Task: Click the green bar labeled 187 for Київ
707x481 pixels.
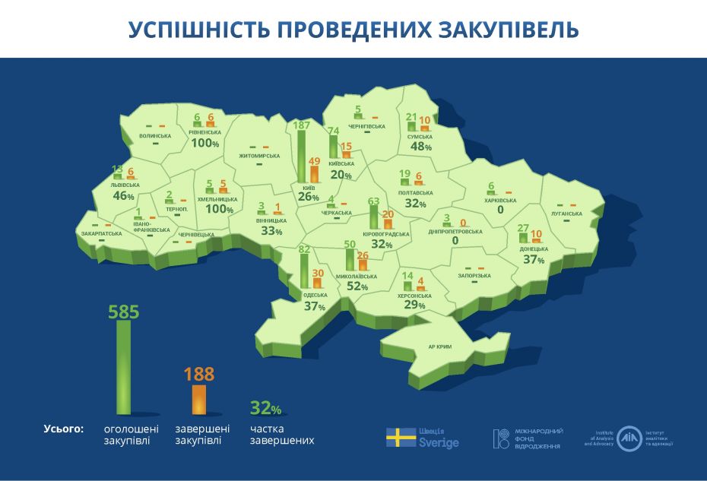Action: (x=302, y=157)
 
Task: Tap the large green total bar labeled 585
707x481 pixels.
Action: (x=123, y=366)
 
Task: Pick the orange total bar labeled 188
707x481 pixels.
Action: (x=199, y=398)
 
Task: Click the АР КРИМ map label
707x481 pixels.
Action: (x=439, y=347)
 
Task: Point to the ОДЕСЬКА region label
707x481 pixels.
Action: (x=315, y=295)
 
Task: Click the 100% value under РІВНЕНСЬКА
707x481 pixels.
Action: (x=205, y=143)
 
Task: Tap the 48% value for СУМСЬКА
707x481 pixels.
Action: (x=421, y=147)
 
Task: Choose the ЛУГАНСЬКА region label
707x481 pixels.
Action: (x=566, y=214)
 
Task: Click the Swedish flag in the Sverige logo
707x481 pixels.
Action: (x=401, y=438)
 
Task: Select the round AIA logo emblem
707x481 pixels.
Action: (x=629, y=438)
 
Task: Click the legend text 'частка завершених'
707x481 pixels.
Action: (x=281, y=435)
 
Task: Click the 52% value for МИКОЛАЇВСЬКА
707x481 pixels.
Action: (x=357, y=286)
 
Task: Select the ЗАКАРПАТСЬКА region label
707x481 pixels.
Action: (x=101, y=233)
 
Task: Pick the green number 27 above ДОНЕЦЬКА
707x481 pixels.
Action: (x=522, y=228)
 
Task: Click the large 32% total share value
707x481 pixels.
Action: (x=266, y=409)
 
